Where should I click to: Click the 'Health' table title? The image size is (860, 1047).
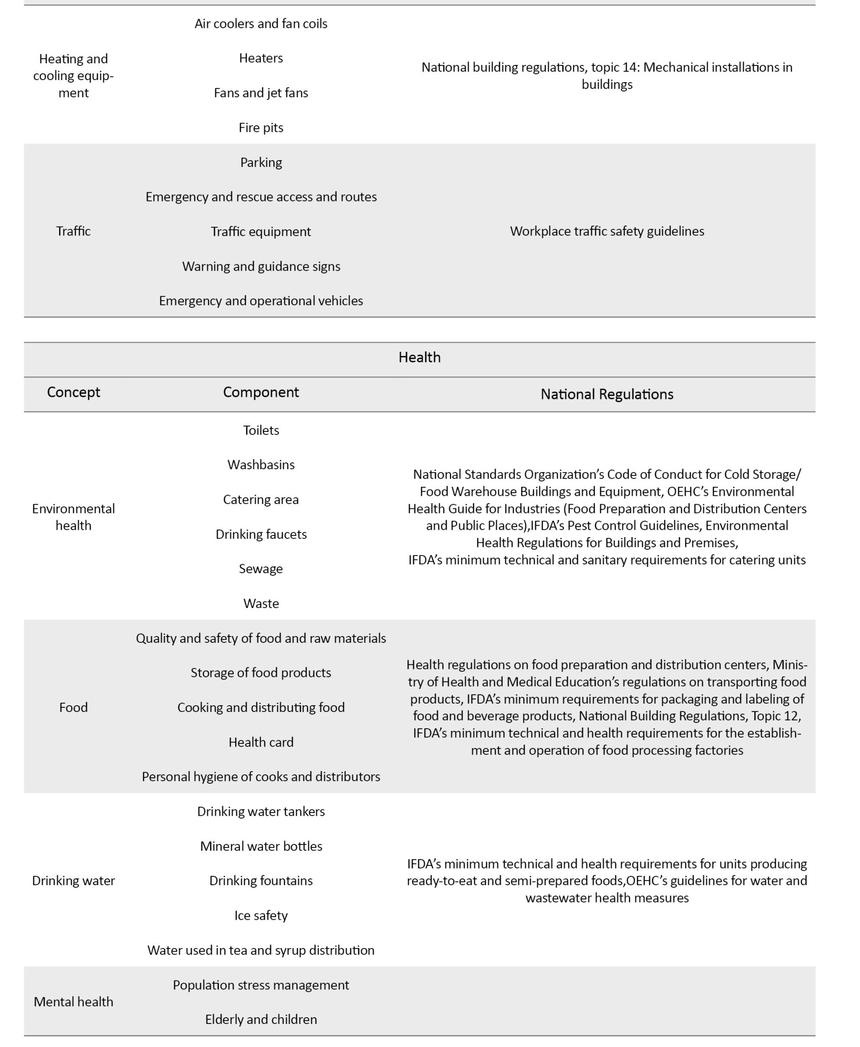pyautogui.click(x=420, y=358)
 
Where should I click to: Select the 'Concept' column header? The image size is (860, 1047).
pyautogui.click(x=73, y=392)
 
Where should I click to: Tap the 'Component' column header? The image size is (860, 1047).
pyautogui.click(x=261, y=392)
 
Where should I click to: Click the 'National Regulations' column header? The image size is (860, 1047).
pyautogui.click(x=607, y=394)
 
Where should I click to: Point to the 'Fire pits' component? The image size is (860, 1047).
pyautogui.click(x=261, y=128)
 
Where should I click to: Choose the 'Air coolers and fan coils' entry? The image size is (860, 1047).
pyautogui.click(x=261, y=24)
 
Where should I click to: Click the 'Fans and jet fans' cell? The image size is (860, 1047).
pyautogui.click(x=261, y=93)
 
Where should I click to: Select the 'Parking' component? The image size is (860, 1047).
pyautogui.click(x=261, y=162)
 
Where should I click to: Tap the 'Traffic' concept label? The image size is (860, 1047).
pyautogui.click(x=73, y=231)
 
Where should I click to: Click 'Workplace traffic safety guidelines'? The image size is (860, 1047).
pyautogui.click(x=607, y=231)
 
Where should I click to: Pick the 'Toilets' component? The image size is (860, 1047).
pyautogui.click(x=261, y=430)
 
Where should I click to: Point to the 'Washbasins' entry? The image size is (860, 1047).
pyautogui.click(x=261, y=465)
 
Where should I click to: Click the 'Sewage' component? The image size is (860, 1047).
pyautogui.click(x=261, y=569)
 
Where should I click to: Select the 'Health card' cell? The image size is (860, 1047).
pyautogui.click(x=261, y=742)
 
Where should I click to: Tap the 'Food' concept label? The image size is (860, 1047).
pyautogui.click(x=73, y=708)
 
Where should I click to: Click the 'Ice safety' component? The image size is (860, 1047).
pyautogui.click(x=261, y=916)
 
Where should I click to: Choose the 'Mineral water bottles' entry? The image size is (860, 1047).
pyautogui.click(x=261, y=846)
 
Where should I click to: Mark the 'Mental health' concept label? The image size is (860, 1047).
pyautogui.click(x=73, y=1002)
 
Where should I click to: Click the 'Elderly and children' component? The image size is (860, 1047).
pyautogui.click(x=261, y=1020)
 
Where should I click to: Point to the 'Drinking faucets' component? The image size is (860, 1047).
pyautogui.click(x=261, y=534)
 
